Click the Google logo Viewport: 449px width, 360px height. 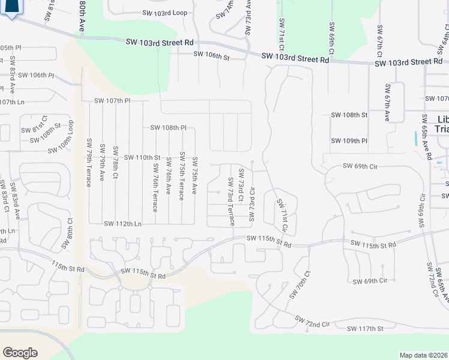pyautogui.click(x=20, y=352)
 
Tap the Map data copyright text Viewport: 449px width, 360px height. pyautogui.click(x=423, y=355)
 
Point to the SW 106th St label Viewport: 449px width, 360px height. pyautogui.click(x=211, y=55)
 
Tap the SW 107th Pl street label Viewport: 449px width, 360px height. pyautogui.click(x=112, y=101)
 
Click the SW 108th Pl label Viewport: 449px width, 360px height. pyautogui.click(x=169, y=128)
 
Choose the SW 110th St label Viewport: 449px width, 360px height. pyautogui.click(x=142, y=157)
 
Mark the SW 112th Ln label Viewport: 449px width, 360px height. pyautogui.click(x=122, y=224)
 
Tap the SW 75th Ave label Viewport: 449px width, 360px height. pyautogui.click(x=194, y=175)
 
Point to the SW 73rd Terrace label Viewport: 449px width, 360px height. pyautogui.click(x=231, y=202)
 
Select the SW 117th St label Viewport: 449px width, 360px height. pyautogui.click(x=365, y=328)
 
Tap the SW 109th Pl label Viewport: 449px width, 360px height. pyautogui.click(x=349, y=140)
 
